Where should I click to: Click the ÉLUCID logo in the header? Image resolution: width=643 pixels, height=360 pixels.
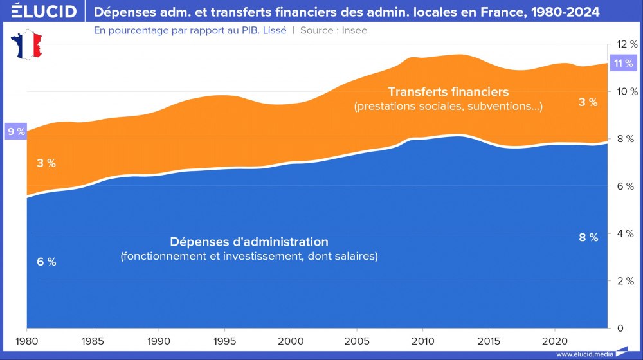pos(40,12)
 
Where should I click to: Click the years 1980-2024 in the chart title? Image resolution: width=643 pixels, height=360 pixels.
pos(570,12)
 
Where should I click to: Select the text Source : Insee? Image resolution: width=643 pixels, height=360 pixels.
pos(334,30)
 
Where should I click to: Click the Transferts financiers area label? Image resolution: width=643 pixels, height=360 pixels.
pos(448,91)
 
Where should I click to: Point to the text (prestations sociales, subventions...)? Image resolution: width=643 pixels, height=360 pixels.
pos(448,106)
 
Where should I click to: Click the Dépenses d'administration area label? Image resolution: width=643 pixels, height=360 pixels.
pos(249,242)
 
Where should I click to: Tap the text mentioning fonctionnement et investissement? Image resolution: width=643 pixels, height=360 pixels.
pos(249,256)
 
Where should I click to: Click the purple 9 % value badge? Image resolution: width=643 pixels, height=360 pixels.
pos(15,132)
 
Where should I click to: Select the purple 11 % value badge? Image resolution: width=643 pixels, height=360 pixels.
pos(622,63)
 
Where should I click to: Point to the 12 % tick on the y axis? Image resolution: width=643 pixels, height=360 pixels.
pos(626,44)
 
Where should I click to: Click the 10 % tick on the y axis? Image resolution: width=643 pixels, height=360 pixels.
pos(626,91)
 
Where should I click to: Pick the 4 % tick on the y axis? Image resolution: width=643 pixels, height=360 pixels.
pos(626,233)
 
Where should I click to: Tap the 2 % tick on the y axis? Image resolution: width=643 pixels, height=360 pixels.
pos(626,281)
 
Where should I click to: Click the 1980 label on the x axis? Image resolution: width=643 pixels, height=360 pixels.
pos(26,340)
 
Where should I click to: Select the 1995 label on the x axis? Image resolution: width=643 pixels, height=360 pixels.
pos(224,340)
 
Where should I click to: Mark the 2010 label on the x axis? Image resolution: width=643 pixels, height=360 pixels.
pos(421,340)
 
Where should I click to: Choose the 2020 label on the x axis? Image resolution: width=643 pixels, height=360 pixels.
pos(553,340)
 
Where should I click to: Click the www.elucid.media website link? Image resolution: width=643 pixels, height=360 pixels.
pos(583,354)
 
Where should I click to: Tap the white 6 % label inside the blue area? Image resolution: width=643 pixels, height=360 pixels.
pos(46,262)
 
